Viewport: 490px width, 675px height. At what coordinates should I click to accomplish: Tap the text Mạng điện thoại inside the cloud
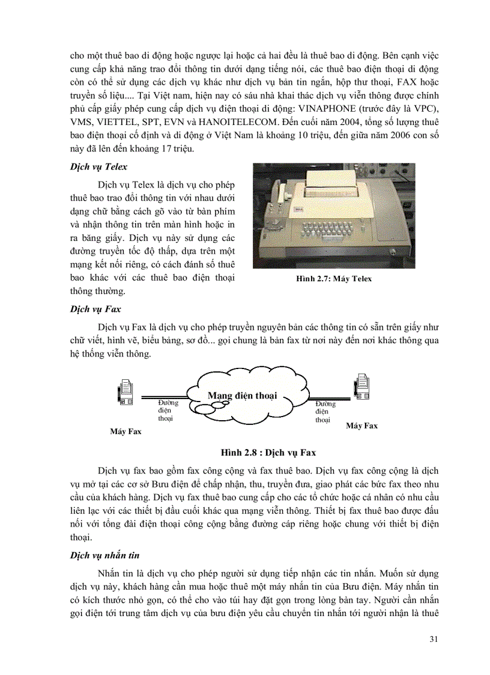242,396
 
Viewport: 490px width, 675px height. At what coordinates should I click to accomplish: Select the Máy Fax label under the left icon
126,432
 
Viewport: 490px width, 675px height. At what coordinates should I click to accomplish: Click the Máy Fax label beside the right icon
361,426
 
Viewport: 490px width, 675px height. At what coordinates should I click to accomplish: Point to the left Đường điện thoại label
165,411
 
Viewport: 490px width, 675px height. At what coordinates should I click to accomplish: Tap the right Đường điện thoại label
324,412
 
